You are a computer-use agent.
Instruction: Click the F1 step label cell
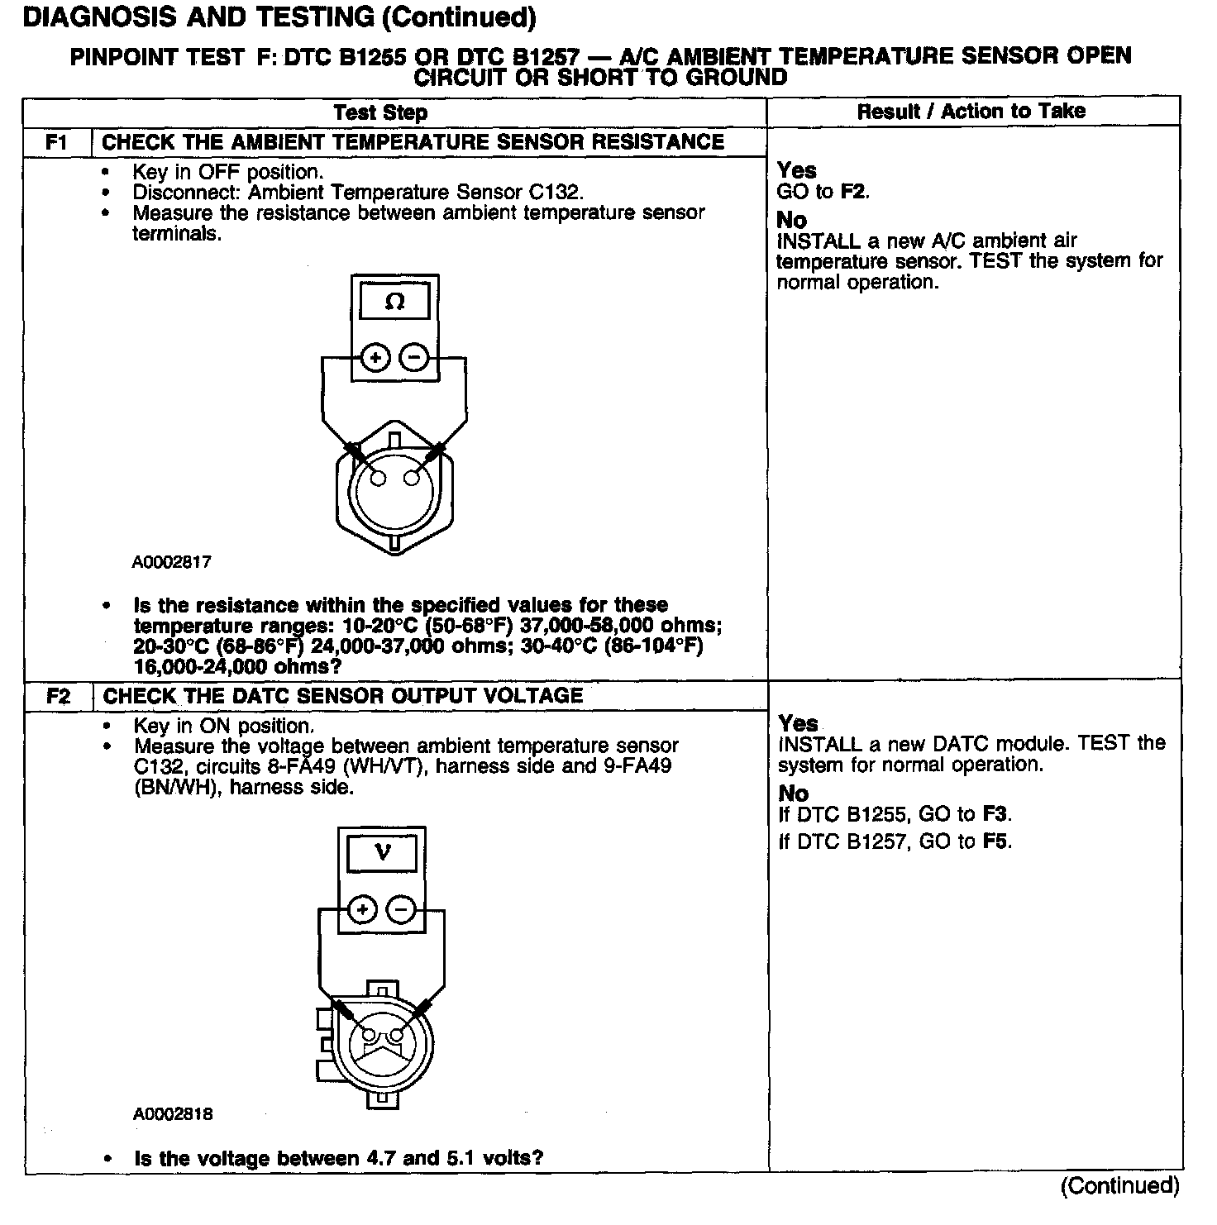(56, 142)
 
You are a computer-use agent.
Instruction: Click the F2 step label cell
(58, 696)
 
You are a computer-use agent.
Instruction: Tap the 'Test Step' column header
(380, 112)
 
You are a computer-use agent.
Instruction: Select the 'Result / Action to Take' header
(971, 112)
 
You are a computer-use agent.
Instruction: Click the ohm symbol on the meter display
(395, 303)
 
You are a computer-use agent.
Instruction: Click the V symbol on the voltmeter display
(382, 852)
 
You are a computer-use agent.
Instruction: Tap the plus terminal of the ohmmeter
(375, 358)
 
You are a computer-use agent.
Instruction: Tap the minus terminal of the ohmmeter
(414, 358)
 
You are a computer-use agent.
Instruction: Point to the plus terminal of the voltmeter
(362, 910)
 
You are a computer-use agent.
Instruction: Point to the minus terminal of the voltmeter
(401, 910)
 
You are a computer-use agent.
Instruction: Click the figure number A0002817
(172, 562)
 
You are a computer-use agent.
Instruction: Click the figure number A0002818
(173, 1113)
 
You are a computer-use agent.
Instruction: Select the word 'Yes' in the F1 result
(796, 171)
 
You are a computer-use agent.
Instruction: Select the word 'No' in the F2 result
(793, 794)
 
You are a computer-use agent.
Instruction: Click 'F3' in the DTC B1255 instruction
(995, 814)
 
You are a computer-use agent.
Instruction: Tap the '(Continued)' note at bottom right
(1119, 1186)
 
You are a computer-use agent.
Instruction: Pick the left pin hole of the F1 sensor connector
(379, 479)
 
